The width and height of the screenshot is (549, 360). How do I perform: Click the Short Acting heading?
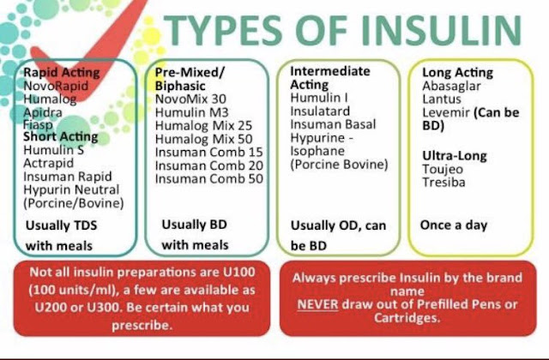(x=60, y=136)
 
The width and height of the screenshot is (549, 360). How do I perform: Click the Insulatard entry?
(x=320, y=111)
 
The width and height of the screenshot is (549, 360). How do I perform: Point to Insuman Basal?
(x=333, y=124)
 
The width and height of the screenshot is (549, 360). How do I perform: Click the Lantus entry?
(x=441, y=99)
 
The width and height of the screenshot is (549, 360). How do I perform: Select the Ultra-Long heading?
(x=454, y=156)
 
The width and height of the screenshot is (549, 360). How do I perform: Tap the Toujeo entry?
(x=442, y=171)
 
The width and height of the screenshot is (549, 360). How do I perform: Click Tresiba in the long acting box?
(x=443, y=184)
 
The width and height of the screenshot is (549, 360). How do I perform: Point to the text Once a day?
(x=454, y=225)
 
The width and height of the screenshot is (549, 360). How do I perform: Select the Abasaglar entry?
(x=450, y=86)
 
